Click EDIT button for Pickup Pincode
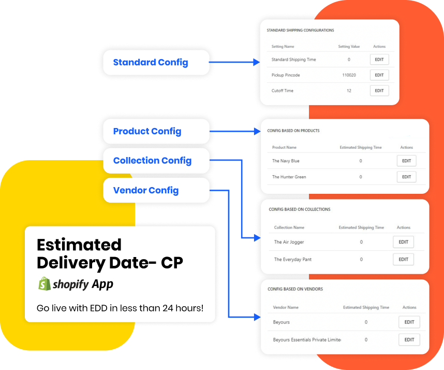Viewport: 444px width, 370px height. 379,75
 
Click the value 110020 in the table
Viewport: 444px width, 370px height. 349,75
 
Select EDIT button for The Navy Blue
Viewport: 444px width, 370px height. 406,161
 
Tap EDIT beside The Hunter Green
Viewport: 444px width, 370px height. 406,177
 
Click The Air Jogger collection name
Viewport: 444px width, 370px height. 289,242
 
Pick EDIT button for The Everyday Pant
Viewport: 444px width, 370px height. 403,259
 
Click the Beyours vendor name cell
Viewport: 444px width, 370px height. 282,322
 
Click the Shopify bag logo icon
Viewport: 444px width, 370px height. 44,283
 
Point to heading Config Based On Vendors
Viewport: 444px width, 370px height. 293,289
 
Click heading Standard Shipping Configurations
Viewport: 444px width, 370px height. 300,31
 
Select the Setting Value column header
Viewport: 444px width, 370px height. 349,47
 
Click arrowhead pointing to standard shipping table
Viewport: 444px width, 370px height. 257,63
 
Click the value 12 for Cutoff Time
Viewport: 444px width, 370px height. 349,91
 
